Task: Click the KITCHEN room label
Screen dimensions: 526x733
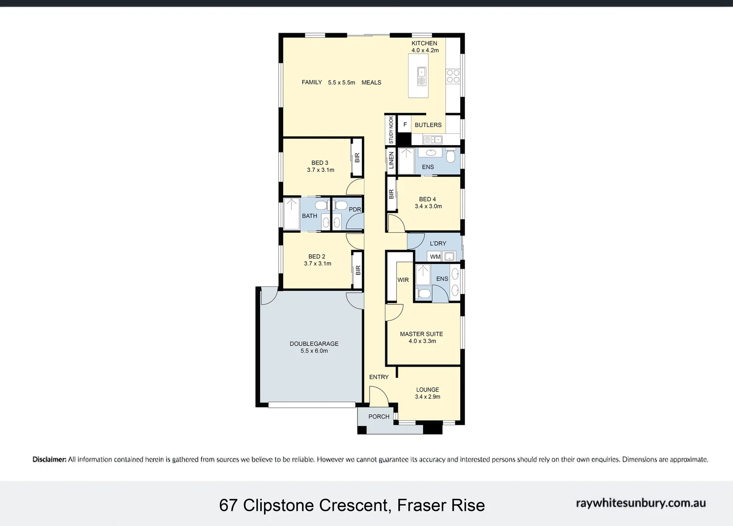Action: click(x=424, y=43)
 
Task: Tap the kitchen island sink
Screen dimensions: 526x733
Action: click(x=421, y=76)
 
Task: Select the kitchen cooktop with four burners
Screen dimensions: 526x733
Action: click(x=453, y=76)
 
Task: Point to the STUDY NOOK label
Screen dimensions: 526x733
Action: click(x=391, y=130)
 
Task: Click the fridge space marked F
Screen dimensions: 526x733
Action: click(x=405, y=125)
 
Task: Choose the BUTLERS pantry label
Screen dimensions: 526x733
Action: click(x=428, y=125)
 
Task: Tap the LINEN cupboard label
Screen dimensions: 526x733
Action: click(x=392, y=160)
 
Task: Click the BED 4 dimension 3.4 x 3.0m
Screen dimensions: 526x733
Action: click(x=428, y=206)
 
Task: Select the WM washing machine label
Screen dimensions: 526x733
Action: click(x=435, y=257)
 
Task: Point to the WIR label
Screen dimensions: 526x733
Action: click(x=403, y=280)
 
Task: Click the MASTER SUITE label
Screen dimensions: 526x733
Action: click(x=421, y=334)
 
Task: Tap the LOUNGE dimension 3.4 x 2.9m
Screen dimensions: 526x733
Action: click(x=428, y=396)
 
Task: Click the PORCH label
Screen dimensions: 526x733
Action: click(x=379, y=416)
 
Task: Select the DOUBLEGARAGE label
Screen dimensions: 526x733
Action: click(x=314, y=344)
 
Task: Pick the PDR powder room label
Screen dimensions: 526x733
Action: click(x=355, y=209)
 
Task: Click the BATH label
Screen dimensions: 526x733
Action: click(x=309, y=216)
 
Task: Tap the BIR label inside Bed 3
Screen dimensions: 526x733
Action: click(x=358, y=158)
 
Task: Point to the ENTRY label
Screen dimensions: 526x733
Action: click(x=379, y=377)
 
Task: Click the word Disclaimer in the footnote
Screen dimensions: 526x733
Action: click(x=49, y=459)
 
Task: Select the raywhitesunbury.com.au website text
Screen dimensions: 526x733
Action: click(x=641, y=503)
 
